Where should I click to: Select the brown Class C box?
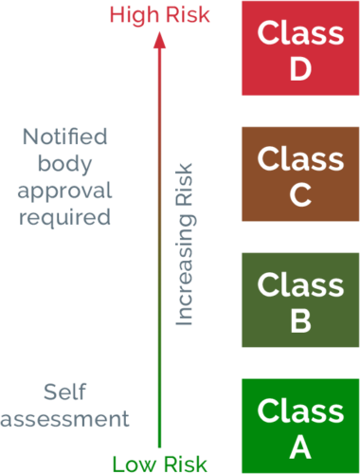coord(299,174)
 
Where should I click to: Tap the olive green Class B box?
coord(299,300)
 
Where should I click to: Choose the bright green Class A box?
coord(299,426)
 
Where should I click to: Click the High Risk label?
coord(159,14)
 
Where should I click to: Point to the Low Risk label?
coord(160,464)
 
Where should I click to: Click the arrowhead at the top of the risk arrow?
coord(159,38)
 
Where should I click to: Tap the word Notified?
coord(65,136)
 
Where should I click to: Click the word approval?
coord(65,190)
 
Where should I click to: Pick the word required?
coord(65,217)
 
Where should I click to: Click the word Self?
coord(65,392)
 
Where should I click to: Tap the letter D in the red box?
coord(300,70)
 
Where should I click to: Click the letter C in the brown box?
coord(300,195)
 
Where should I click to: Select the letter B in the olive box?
coord(300,321)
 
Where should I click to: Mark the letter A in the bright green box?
coord(300,447)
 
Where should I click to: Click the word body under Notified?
coord(65,163)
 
